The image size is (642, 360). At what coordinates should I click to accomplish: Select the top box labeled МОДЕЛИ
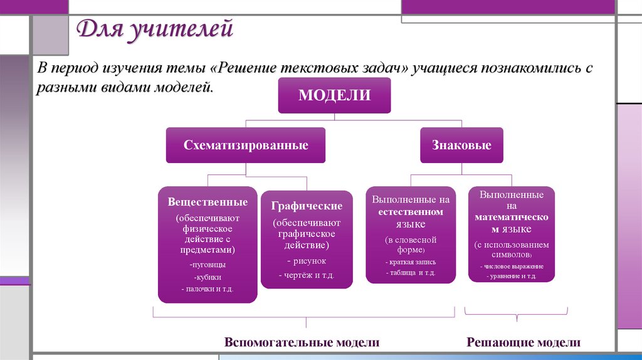pyautogui.click(x=334, y=96)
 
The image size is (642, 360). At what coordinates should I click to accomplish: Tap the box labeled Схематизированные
pyautogui.click(x=246, y=146)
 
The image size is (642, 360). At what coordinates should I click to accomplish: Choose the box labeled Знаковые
pyautogui.click(x=461, y=146)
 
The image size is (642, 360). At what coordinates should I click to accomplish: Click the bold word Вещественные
pyautogui.click(x=208, y=203)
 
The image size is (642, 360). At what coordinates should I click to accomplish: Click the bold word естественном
pyautogui.click(x=410, y=212)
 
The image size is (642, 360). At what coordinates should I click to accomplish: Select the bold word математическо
pyautogui.click(x=511, y=217)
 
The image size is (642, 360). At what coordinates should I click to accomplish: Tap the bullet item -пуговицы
pyautogui.click(x=207, y=265)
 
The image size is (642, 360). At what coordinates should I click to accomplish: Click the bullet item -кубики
pyautogui.click(x=207, y=277)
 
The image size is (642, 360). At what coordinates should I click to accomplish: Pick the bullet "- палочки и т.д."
pyautogui.click(x=207, y=289)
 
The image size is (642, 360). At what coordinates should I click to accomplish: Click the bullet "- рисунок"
pyautogui.click(x=307, y=261)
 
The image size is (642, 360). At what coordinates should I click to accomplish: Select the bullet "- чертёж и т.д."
pyautogui.click(x=307, y=275)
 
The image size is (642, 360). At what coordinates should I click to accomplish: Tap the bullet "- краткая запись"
pyautogui.click(x=410, y=262)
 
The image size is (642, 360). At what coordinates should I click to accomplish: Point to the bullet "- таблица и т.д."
pyautogui.click(x=410, y=273)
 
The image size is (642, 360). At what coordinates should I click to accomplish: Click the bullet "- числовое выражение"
pyautogui.click(x=512, y=267)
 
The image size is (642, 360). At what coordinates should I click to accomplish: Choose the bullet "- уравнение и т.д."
pyautogui.click(x=512, y=276)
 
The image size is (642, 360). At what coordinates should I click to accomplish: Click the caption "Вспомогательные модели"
pyautogui.click(x=302, y=342)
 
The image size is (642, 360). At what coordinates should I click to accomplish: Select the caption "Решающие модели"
pyautogui.click(x=524, y=342)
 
